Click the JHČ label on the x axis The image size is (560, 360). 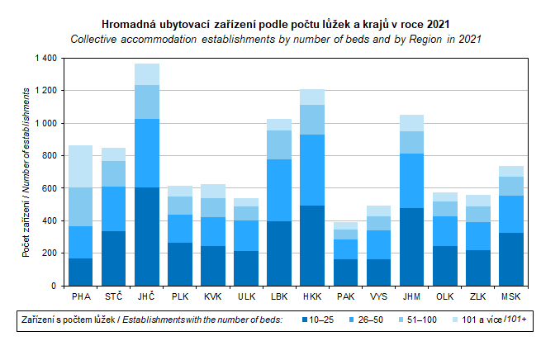(147, 296)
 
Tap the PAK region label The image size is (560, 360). (346, 296)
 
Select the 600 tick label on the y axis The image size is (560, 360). (47, 188)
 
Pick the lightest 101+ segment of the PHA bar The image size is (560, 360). (81, 166)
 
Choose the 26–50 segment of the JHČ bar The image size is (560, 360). (147, 153)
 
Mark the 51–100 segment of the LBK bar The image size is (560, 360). (280, 144)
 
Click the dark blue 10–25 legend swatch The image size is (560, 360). (304, 320)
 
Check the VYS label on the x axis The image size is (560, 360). (379, 296)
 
